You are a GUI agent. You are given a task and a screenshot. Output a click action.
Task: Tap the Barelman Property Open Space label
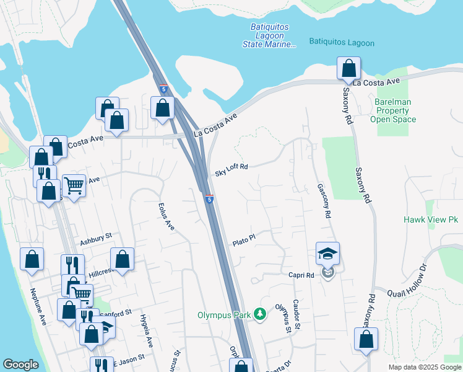[x=393, y=110]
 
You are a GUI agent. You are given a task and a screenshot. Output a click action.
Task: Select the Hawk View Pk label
[x=430, y=220]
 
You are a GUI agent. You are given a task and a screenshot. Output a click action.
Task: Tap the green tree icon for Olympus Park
[x=261, y=315]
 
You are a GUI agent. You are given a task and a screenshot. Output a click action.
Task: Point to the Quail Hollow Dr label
[x=408, y=280]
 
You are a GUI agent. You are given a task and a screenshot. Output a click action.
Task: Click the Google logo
[x=21, y=365]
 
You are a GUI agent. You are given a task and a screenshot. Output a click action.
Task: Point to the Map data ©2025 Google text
[x=425, y=367]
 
